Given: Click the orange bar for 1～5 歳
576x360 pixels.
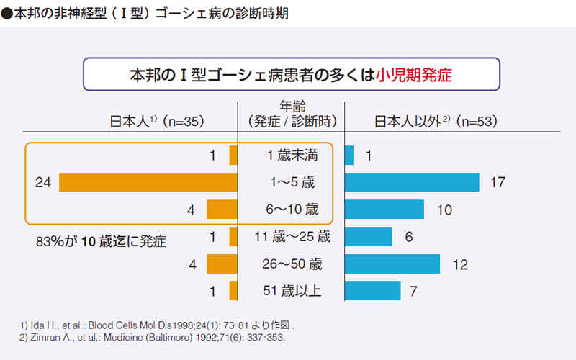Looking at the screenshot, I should (x=148, y=182).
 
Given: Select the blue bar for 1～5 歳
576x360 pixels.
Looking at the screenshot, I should (x=412, y=182).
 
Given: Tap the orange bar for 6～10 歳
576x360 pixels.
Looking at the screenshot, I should (x=222, y=210).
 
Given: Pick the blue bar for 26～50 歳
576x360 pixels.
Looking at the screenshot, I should (x=392, y=264).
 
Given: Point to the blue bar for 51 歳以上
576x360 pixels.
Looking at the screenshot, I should (x=373, y=291).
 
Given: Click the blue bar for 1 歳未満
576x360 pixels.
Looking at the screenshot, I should (x=349, y=156).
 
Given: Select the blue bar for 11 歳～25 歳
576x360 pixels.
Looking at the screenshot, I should (x=369, y=237).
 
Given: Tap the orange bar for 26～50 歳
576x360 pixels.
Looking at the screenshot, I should (x=222, y=264).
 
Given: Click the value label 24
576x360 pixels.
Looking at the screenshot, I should (x=42, y=183).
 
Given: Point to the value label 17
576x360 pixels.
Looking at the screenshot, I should (x=498, y=183).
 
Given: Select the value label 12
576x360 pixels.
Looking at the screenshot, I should (x=460, y=264).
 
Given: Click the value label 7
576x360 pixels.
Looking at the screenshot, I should (x=413, y=292).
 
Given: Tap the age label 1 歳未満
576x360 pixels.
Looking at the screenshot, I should (x=291, y=156).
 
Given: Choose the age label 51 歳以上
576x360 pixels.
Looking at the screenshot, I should (x=291, y=292).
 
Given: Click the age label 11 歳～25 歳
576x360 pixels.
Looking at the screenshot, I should (x=291, y=237).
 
